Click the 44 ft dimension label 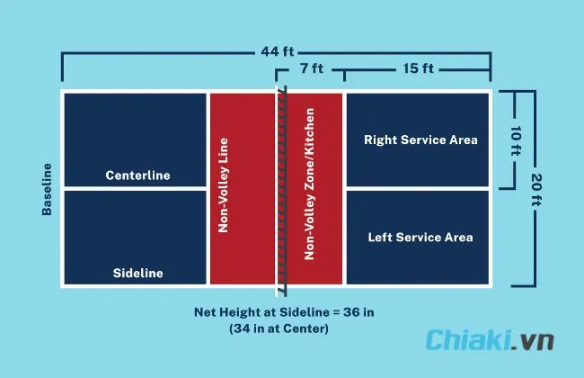tap(277, 51)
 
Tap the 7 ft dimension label tap(312, 68)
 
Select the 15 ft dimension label tap(419, 68)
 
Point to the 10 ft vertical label tap(516, 140)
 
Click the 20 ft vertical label tap(536, 190)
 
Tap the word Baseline tap(47, 189)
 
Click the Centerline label tap(137, 175)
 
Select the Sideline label tap(137, 273)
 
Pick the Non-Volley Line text tap(223, 185)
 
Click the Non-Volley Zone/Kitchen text tap(309, 184)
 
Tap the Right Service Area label tap(420, 139)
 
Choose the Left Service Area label tap(420, 238)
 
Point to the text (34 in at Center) tap(279, 328)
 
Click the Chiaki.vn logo tap(490, 340)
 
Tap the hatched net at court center tap(282, 191)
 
